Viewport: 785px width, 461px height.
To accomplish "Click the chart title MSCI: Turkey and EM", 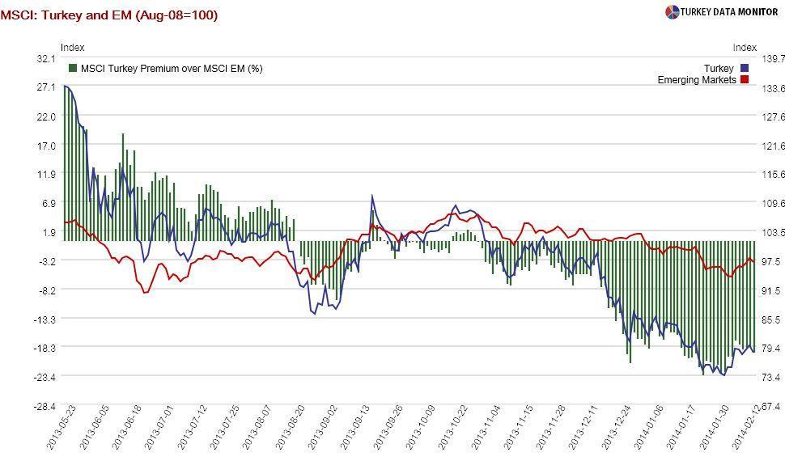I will [109, 15].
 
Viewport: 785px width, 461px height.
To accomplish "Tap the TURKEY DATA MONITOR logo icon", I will [672, 12].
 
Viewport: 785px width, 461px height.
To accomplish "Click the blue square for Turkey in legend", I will [745, 69].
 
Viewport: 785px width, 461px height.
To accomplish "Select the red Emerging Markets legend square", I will [745, 80].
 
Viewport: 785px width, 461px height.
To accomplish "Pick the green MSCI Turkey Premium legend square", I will [73, 69].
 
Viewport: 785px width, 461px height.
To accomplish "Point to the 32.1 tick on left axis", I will [45, 59].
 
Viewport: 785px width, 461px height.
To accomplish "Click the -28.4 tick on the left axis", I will [44, 405].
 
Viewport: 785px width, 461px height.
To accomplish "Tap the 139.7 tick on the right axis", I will [773, 59].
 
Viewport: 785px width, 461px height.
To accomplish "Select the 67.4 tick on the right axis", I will [773, 405].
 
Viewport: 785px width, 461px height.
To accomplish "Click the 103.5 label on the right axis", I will [773, 232].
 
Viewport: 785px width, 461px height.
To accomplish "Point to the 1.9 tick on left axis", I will [49, 232].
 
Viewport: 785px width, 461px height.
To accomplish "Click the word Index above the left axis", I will [72, 48].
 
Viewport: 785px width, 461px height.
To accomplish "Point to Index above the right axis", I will [745, 48].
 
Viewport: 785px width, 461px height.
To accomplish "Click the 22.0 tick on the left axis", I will [45, 116].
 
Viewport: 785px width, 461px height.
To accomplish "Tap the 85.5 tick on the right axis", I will [773, 319].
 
